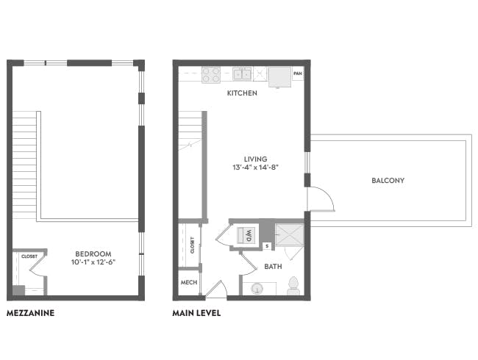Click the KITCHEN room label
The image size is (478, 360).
pos(242,93)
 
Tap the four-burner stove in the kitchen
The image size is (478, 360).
pos(211,75)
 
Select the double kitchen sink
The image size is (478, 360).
pos(242,73)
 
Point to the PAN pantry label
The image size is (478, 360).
pos(298,73)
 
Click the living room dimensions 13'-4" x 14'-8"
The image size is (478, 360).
pos(256,168)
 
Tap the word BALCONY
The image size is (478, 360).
pos(388,180)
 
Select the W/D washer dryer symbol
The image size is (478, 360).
pos(246,235)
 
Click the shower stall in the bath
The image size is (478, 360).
pos(290,235)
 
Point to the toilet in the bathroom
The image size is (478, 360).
pos(294,286)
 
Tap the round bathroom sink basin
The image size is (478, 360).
pos(257,288)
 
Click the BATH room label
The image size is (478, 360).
pos(273,267)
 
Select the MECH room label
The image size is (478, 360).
pos(189,282)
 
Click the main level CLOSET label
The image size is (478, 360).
pos(193,245)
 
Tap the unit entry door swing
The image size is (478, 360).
pos(215,289)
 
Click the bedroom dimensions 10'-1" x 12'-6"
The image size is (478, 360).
pos(93,262)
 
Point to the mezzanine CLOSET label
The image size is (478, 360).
pos(29,256)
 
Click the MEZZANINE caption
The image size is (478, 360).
pos(30,313)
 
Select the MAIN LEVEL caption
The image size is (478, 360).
pos(196,313)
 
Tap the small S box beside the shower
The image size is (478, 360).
pos(268,246)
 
